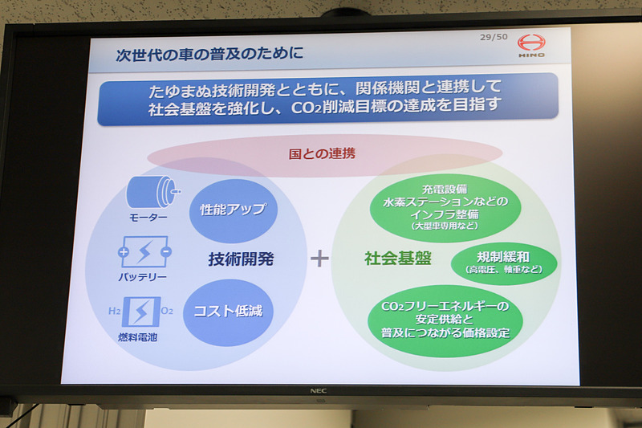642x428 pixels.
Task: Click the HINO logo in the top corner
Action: coord(530,46)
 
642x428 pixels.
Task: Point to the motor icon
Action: coord(152,193)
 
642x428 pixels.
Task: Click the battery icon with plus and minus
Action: coord(144,252)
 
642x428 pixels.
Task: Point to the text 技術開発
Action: coord(241,259)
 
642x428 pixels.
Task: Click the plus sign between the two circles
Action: coord(320,259)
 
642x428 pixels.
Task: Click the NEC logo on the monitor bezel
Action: coord(319,391)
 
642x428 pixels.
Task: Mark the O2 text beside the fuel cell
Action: coord(166,310)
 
